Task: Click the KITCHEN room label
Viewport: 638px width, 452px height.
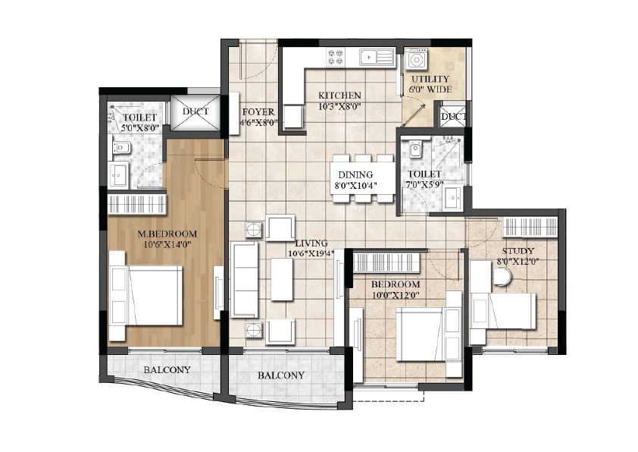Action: click(x=339, y=96)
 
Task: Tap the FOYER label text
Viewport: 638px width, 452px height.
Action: click(x=258, y=112)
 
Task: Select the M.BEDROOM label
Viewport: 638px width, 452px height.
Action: click(x=167, y=234)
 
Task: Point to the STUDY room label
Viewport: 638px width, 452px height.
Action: click(x=518, y=251)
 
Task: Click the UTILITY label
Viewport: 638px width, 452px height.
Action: click(x=430, y=79)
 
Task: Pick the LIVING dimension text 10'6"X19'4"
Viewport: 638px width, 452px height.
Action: click(x=311, y=253)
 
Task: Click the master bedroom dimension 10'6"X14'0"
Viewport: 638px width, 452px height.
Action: click(x=167, y=244)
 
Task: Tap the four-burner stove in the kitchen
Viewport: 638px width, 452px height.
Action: click(x=336, y=57)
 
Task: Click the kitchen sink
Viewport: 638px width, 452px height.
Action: click(x=377, y=57)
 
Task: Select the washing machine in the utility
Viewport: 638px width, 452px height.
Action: click(x=416, y=59)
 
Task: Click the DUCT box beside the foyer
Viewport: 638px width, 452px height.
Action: click(x=195, y=113)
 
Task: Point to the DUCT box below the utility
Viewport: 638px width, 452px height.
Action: click(x=453, y=117)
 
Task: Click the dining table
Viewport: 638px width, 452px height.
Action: click(x=362, y=179)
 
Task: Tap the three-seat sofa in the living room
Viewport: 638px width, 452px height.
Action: click(x=244, y=280)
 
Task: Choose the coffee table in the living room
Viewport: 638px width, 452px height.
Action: click(x=282, y=280)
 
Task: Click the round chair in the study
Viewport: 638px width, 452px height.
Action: click(x=503, y=276)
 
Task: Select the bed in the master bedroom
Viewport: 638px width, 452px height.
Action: click(x=145, y=295)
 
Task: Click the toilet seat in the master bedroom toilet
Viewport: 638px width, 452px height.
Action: click(x=121, y=147)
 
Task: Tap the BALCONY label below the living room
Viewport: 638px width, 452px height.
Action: click(x=281, y=375)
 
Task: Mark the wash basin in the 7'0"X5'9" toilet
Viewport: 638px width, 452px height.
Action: click(x=453, y=198)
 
